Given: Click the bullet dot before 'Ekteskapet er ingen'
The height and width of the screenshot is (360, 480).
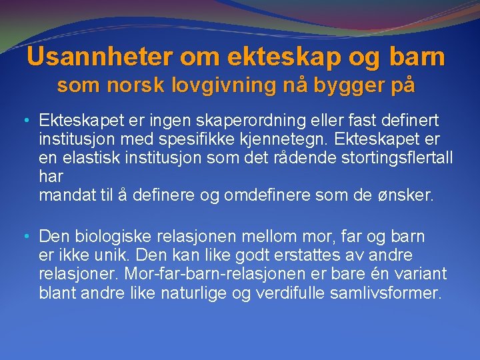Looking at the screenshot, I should (x=25, y=121).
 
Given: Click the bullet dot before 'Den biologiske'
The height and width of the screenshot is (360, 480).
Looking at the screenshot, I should (x=25, y=237).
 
